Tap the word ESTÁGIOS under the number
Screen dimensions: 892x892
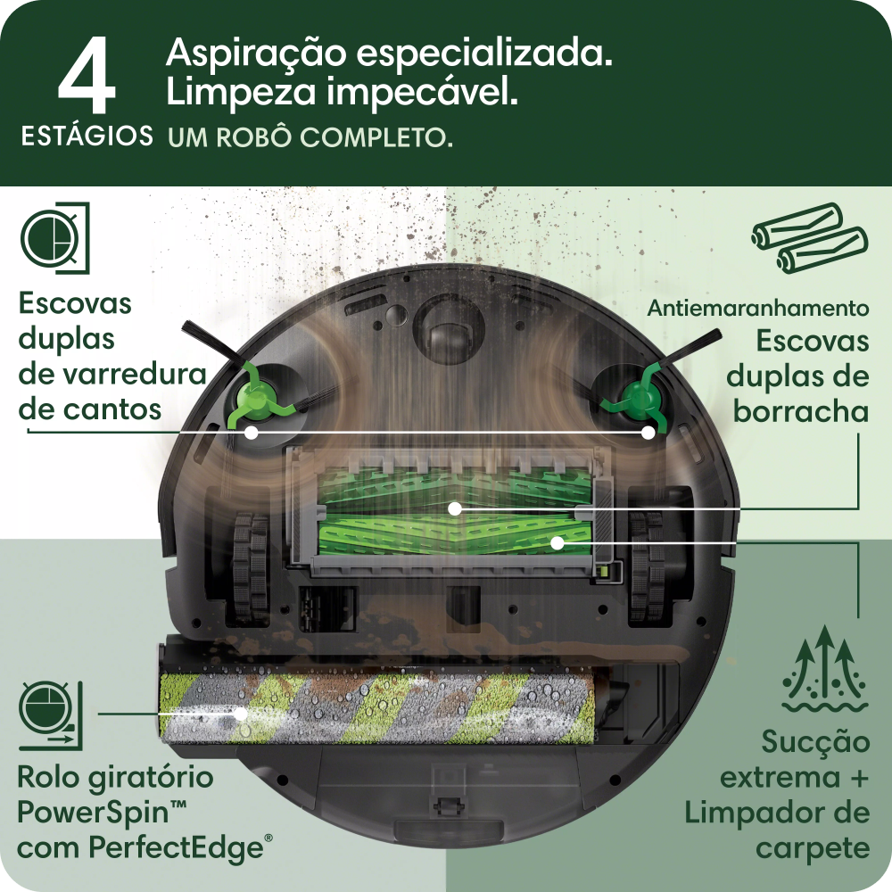(87, 137)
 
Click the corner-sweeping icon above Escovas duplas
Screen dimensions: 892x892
(54, 237)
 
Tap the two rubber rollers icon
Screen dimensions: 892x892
(808, 237)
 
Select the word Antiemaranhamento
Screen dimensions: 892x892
(758, 309)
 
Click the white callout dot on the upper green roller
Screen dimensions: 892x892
(455, 508)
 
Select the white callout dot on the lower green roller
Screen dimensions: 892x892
(557, 541)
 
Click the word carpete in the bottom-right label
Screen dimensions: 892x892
(812, 847)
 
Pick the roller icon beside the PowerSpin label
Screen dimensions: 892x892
(50, 714)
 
